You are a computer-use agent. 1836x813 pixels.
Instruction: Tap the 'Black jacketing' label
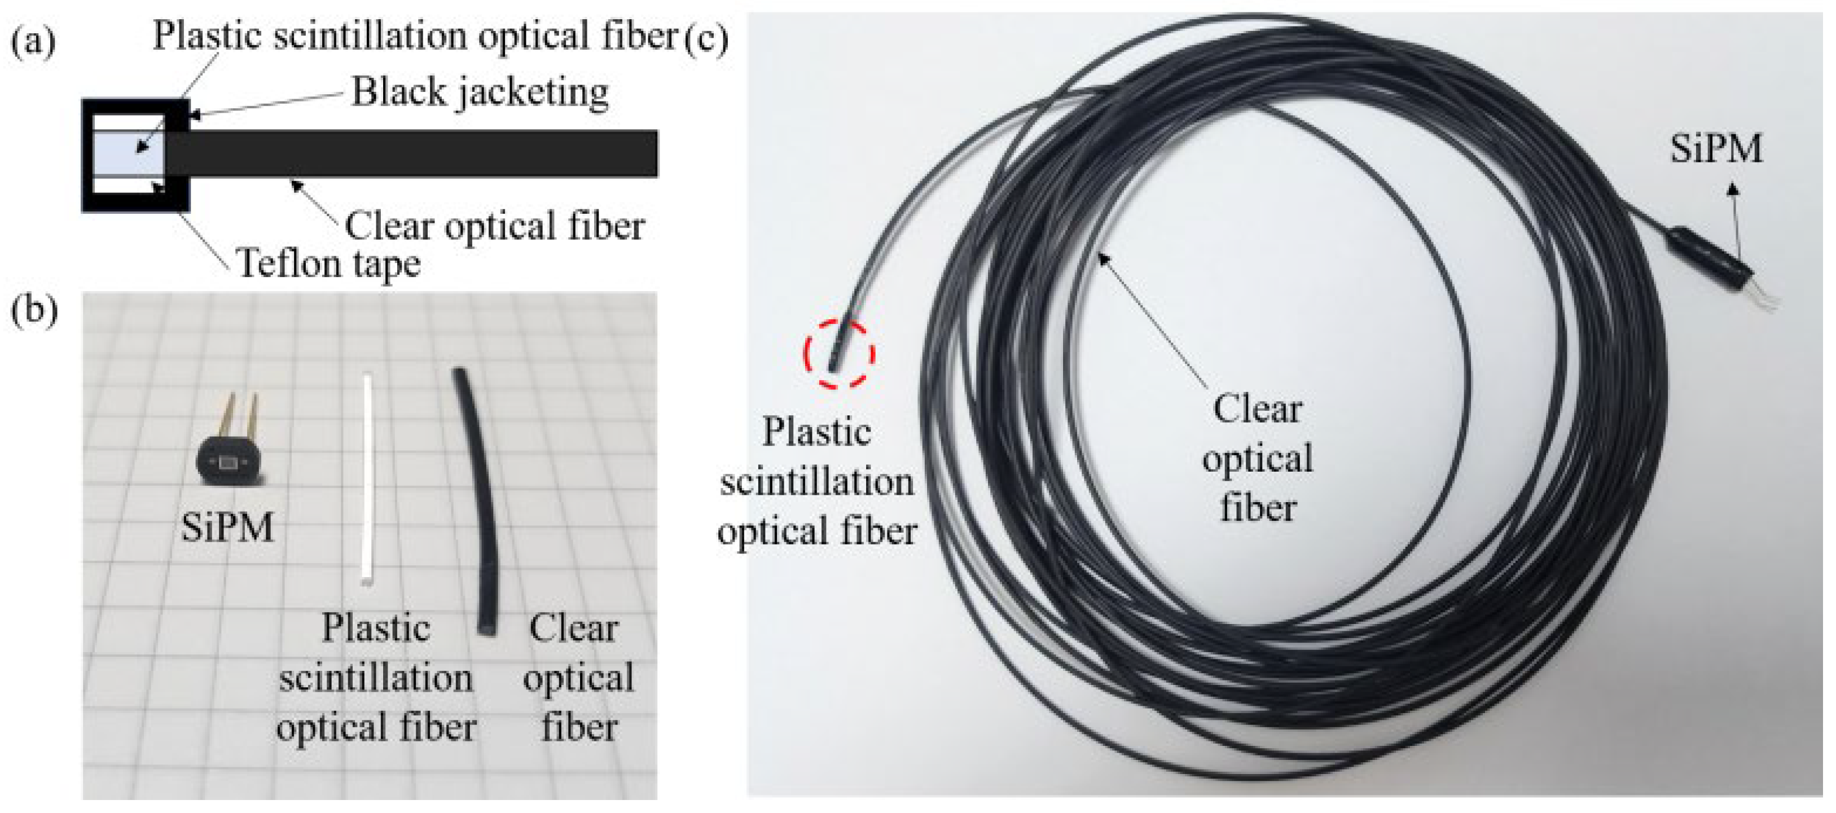pos(480,93)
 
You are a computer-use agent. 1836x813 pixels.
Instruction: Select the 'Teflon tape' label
pos(328,263)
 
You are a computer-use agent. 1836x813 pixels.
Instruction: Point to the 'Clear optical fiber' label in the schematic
pos(495,227)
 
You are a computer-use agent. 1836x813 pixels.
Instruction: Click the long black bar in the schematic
pos(414,153)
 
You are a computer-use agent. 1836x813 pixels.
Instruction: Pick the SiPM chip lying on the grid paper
pos(228,463)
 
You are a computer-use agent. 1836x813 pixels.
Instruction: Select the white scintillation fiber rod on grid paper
pos(368,477)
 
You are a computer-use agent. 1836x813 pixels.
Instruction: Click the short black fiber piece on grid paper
pos(476,499)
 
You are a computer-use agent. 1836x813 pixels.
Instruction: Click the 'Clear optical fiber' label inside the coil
pos(1257,459)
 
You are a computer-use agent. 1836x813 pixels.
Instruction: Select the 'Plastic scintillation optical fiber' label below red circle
pos(817,482)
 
